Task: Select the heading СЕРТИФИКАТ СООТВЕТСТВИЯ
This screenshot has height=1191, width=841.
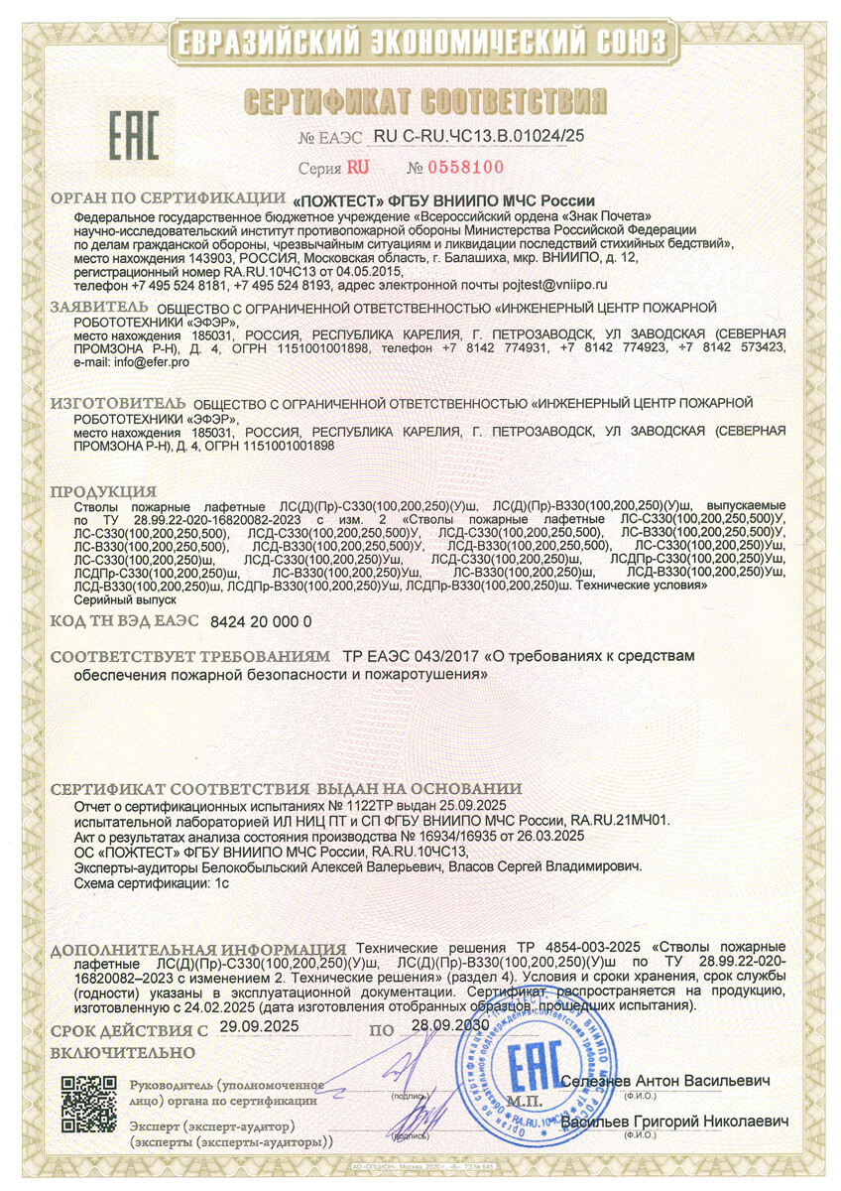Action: point(424,100)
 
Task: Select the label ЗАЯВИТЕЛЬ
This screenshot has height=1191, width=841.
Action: point(102,308)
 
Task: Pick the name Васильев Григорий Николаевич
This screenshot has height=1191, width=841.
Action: point(674,1122)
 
